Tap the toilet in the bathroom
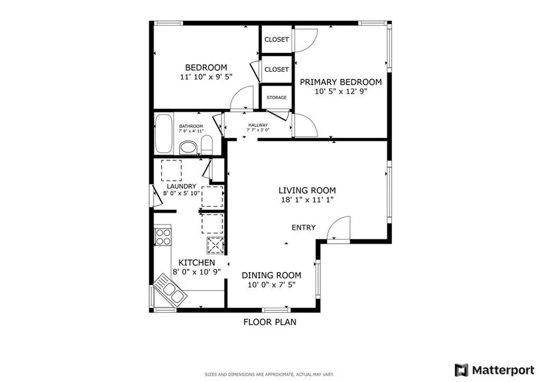tap(206, 145)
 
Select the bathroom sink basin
tap(188, 148)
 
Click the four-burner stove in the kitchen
tap(163, 237)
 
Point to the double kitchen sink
tap(170, 290)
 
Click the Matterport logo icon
tap(461, 370)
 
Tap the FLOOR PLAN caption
tap(269, 322)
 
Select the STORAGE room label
tap(276, 98)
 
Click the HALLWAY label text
tap(258, 125)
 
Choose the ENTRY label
tap(303, 227)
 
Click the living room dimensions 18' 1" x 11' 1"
tap(307, 200)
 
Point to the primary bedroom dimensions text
tap(341, 92)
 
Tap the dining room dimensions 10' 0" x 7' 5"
tap(272, 285)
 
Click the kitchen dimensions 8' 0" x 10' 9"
tap(197, 272)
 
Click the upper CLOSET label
tap(276, 40)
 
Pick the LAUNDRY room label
tap(181, 186)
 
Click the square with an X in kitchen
tap(215, 245)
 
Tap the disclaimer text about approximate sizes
tap(269, 375)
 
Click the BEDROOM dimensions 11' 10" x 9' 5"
tap(206, 77)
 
